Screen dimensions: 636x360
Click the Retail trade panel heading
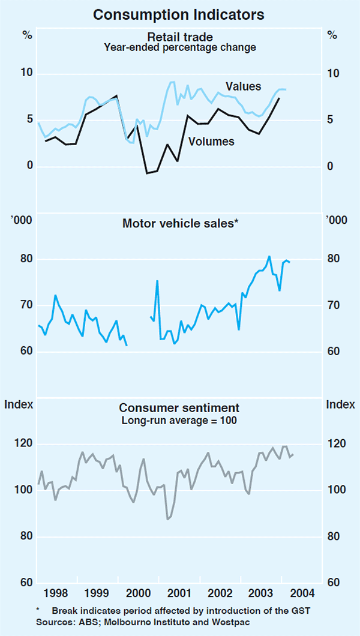tap(179, 37)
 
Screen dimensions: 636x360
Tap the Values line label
tap(243, 86)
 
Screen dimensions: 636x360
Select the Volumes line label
tap(211, 142)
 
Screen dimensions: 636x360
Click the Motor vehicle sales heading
tap(180, 223)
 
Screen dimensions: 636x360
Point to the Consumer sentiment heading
tap(179, 409)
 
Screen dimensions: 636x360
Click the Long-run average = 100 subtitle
tap(179, 421)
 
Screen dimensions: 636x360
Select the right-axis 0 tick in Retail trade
tap(328, 166)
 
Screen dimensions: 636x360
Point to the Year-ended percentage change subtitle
tap(179, 48)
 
